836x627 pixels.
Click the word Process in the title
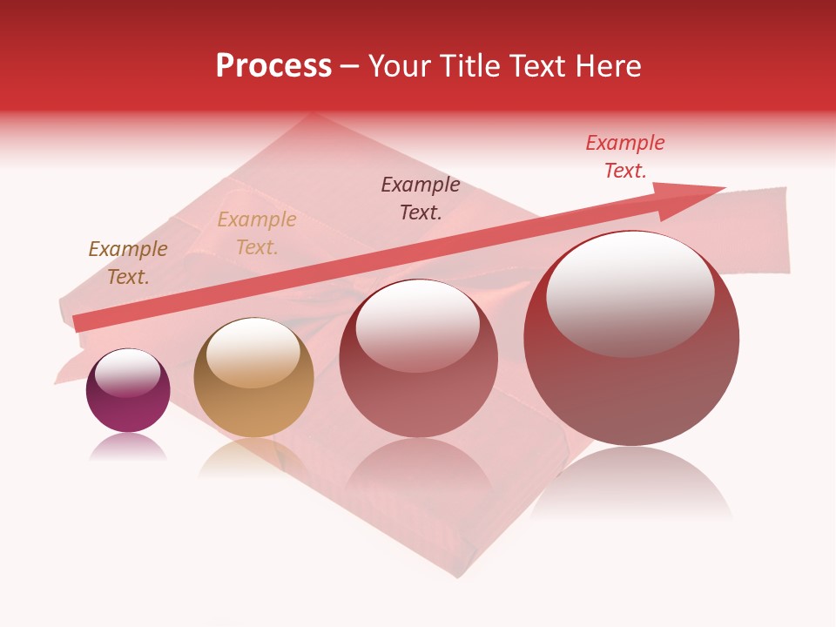coord(273,66)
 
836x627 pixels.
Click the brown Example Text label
coord(128,263)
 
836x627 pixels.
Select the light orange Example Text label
coord(257,233)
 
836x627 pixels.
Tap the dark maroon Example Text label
coord(421,198)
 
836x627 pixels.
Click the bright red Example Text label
coord(625,157)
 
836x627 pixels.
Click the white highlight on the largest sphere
coord(630,294)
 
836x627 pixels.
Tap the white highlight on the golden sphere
coord(253,353)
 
